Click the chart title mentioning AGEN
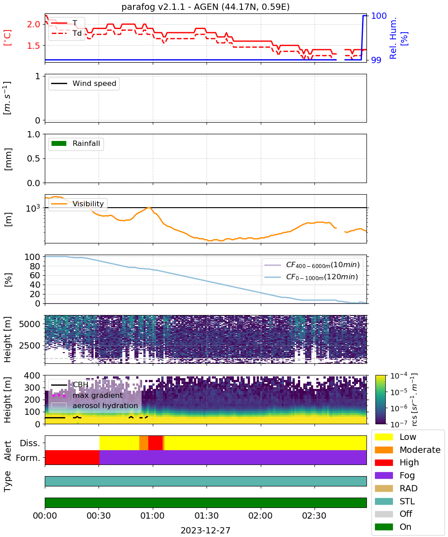coord(205,7)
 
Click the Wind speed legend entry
coord(84,83)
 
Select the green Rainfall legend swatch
coord(59,143)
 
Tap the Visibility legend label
coord(88,204)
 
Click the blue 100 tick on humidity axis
coord(379,16)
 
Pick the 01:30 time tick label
coord(207,516)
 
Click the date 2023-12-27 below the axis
coord(205,530)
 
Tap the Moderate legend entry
coord(407,450)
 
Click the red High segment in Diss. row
coord(155,443)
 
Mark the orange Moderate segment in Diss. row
coord(144,443)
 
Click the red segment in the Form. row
coord(72,457)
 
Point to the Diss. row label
coord(30,443)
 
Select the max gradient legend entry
coord(87,395)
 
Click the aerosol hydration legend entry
coord(95,405)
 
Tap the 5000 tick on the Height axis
coord(30,324)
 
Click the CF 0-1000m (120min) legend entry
coord(311,277)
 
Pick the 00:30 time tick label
coord(99,516)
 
